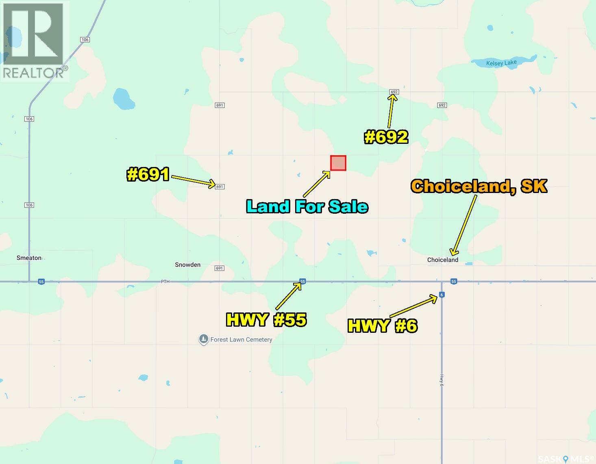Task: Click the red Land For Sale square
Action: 338,163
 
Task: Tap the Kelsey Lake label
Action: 501,63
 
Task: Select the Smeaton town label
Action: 29,258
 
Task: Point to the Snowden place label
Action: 187,265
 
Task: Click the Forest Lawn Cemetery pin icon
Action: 203,339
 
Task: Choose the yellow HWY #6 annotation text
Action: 382,326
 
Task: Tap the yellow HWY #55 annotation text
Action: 266,320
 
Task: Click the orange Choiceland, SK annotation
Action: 479,186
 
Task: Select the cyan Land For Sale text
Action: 307,206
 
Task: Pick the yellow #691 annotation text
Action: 148,175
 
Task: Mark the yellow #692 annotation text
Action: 386,137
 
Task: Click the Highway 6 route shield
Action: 442,295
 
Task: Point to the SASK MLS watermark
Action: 565,459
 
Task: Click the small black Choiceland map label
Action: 442,260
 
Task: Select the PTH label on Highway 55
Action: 165,281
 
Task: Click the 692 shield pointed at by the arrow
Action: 394,92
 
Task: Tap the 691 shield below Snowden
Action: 220,268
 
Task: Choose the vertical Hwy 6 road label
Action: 442,380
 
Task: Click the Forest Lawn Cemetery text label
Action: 241,340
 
